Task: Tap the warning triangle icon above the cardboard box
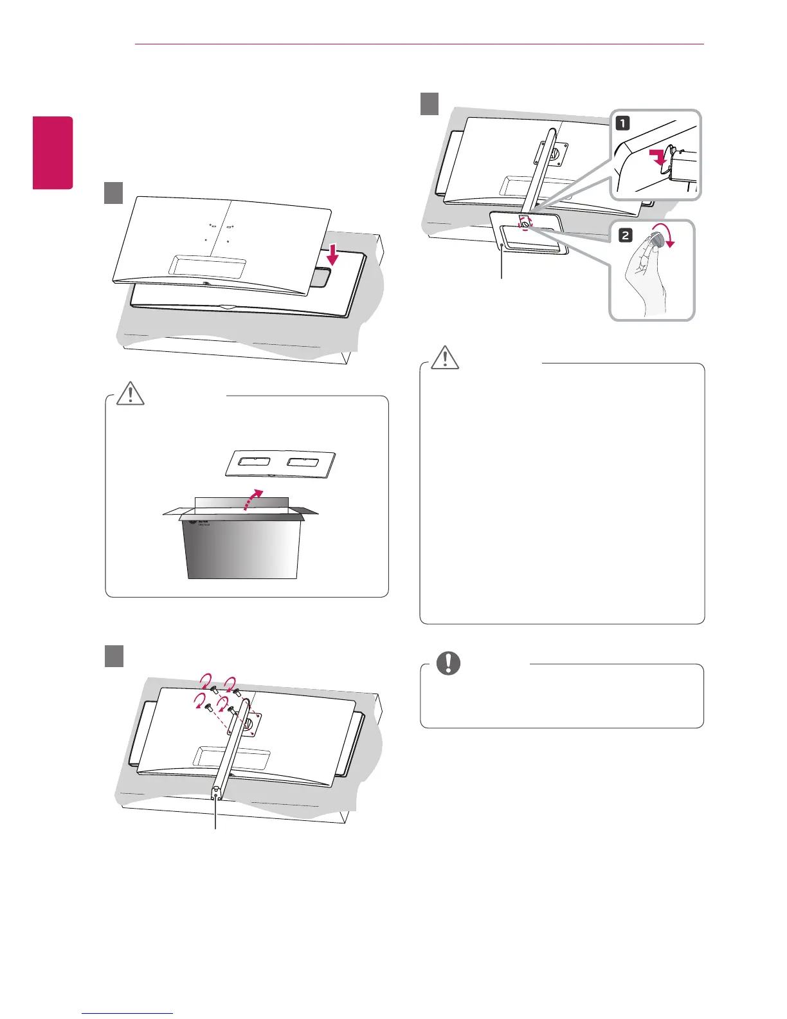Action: click(131, 392)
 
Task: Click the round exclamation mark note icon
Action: click(448, 663)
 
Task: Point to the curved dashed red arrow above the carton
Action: click(253, 500)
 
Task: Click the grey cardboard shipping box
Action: click(241, 547)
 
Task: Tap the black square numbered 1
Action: click(623, 123)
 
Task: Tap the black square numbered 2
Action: click(624, 235)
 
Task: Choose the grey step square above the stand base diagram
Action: click(430, 104)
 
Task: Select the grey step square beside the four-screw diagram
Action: click(114, 656)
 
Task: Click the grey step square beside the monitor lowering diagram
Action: click(114, 193)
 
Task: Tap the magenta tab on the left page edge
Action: click(53, 152)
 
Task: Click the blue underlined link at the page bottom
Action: click(128, 1013)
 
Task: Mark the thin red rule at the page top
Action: click(419, 44)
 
